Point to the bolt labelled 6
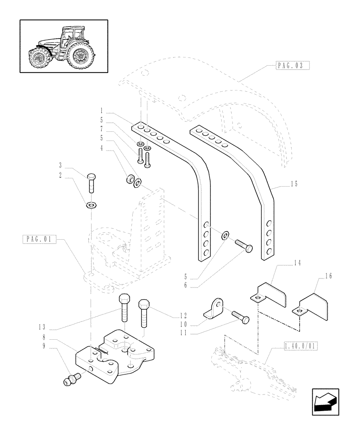[244, 246]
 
